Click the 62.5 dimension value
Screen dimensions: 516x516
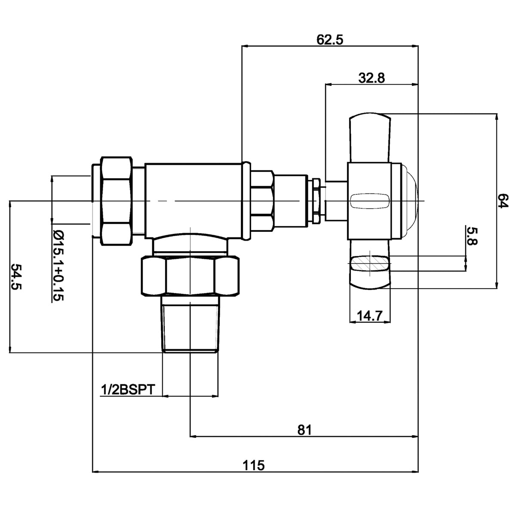[330, 40]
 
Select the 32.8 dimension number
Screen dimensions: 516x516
[372, 78]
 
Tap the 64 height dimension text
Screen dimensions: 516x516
[503, 201]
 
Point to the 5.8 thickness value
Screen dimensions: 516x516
[472, 236]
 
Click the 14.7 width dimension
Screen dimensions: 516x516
[370, 316]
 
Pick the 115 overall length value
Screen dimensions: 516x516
[254, 465]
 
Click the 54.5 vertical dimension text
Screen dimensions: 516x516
[16, 277]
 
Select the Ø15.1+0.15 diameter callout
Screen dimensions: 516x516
[58, 265]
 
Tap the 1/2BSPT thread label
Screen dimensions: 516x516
[128, 390]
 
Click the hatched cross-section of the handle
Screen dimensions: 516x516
[369, 263]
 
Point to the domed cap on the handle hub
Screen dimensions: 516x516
[409, 201]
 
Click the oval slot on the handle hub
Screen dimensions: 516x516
[369, 201]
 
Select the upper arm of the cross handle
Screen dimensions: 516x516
[369, 138]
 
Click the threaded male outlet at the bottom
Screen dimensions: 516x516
[190, 325]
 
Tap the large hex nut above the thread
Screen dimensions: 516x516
[190, 276]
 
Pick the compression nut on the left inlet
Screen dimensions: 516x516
[117, 201]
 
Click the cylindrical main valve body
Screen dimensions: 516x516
[193, 201]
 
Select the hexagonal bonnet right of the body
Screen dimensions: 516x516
[262, 201]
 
